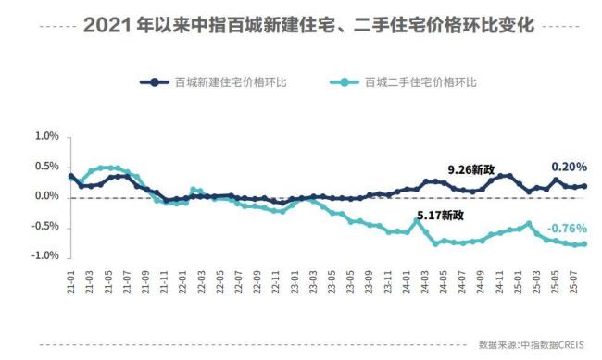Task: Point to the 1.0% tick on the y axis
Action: coord(45,136)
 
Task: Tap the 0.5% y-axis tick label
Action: coord(45,167)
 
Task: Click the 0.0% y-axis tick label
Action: coord(45,196)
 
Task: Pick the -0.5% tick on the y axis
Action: coord(44,227)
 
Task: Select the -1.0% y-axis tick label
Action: coord(44,256)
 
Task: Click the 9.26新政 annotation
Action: coord(471,169)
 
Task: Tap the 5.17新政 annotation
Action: coord(440,216)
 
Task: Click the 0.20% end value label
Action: coord(569,167)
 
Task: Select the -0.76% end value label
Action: coord(566,229)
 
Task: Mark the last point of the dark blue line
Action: coord(584,186)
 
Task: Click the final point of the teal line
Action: coord(584,243)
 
